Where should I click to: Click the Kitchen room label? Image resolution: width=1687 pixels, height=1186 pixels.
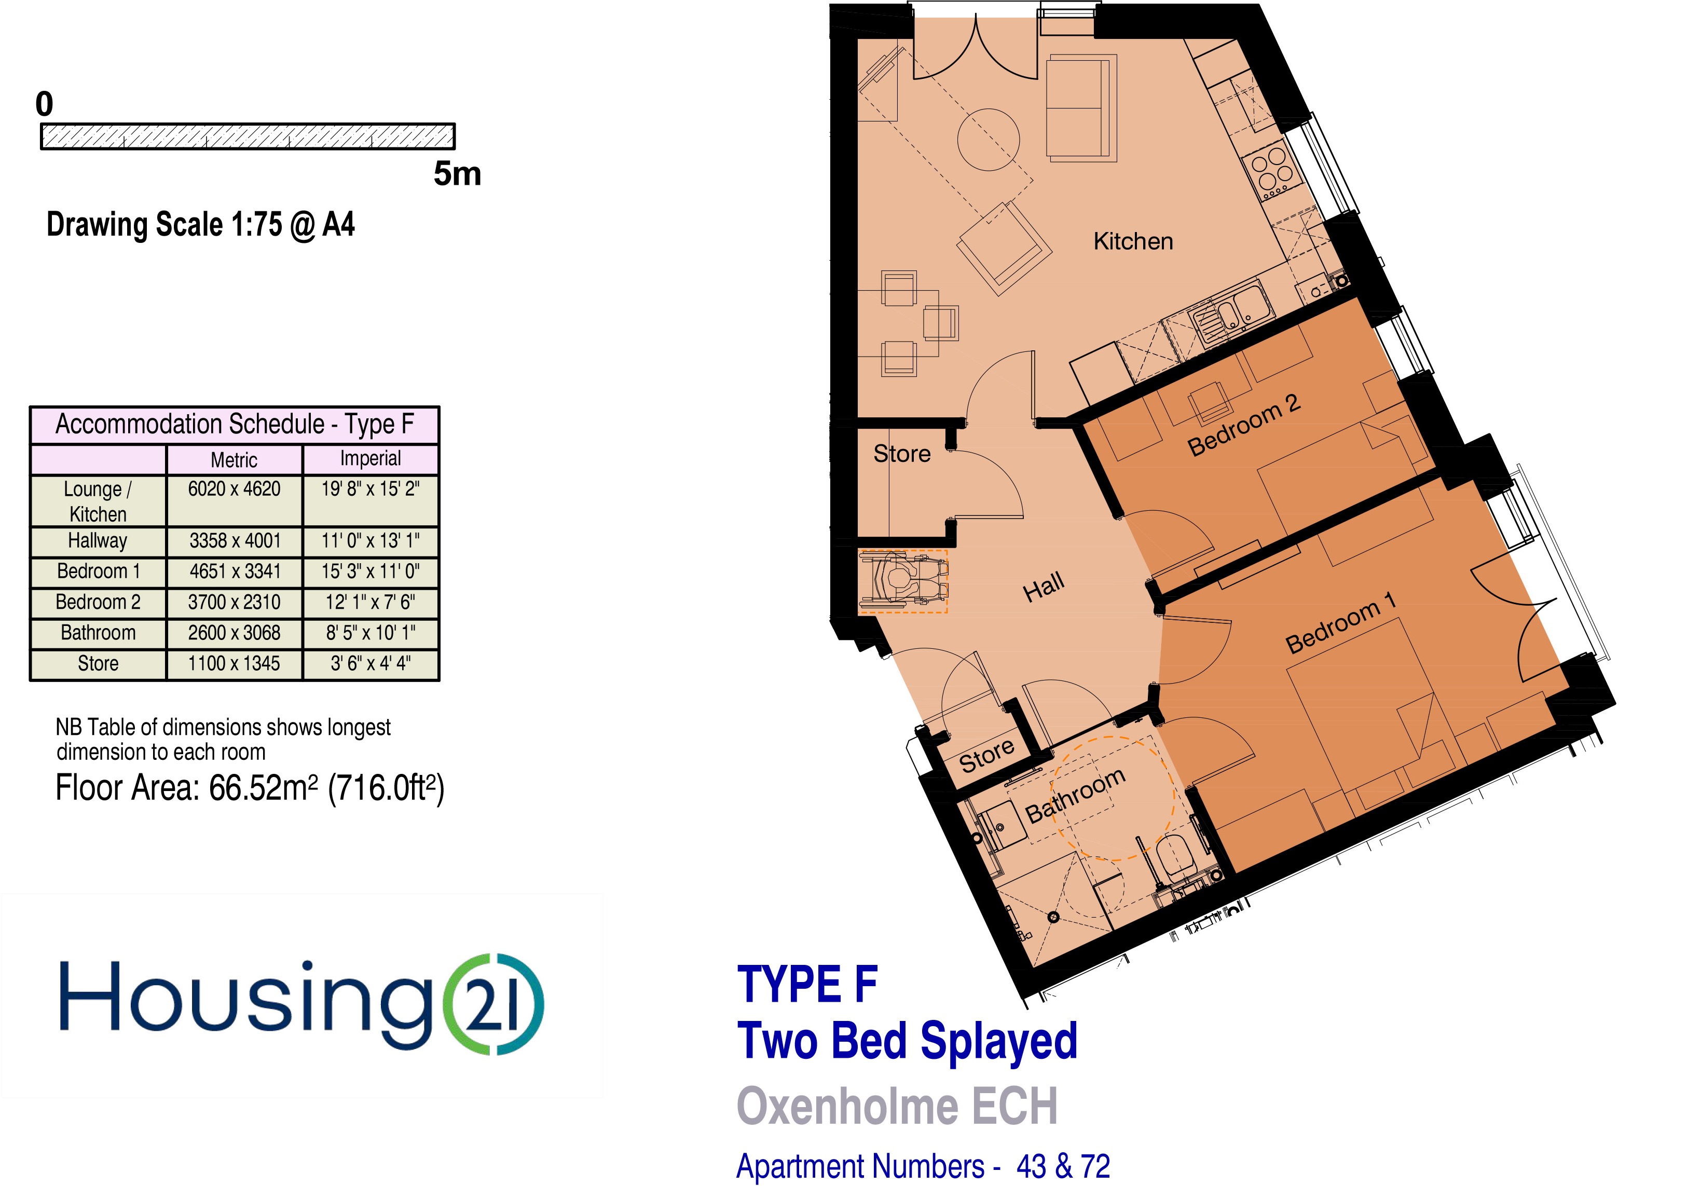pyautogui.click(x=1132, y=241)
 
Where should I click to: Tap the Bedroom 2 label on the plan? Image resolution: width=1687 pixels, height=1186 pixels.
pyautogui.click(x=1244, y=424)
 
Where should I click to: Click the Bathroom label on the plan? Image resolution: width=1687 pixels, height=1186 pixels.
pyautogui.click(x=1075, y=796)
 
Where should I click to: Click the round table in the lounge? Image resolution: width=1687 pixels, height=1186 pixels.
pyautogui.click(x=988, y=140)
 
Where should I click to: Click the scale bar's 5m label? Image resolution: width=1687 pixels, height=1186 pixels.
pyautogui.click(x=457, y=174)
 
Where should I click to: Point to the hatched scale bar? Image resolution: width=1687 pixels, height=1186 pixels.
pyautogui.click(x=248, y=137)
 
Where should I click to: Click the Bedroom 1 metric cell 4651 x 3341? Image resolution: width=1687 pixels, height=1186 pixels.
pyautogui.click(x=235, y=571)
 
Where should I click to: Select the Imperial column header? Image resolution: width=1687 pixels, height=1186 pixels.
pyautogui.click(x=371, y=458)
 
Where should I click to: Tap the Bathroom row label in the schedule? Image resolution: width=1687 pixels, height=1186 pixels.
pyautogui.click(x=98, y=633)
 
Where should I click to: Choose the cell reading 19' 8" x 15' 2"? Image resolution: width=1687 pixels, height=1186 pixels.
pyautogui.click(x=371, y=488)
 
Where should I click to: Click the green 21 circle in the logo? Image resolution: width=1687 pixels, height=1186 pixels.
pyautogui.click(x=494, y=1004)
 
